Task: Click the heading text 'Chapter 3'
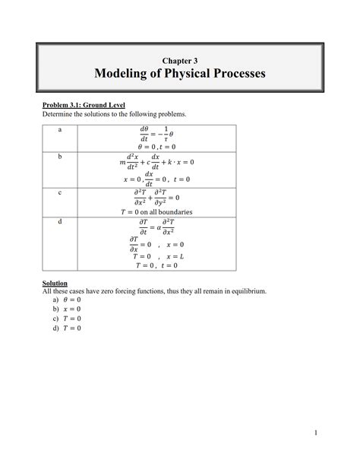179,59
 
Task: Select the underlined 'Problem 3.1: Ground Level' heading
84,104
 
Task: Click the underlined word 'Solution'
55,283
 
